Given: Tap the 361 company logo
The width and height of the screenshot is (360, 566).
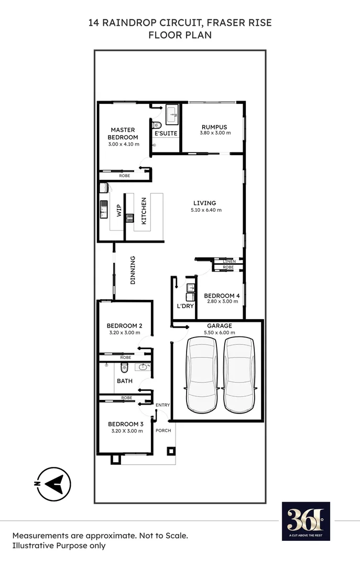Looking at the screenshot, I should coord(306,521).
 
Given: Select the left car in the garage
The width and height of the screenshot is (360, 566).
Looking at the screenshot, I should coord(202,375).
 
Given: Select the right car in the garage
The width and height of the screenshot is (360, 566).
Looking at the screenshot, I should coord(239,375).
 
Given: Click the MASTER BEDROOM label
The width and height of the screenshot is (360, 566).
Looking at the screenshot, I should coord(123,134).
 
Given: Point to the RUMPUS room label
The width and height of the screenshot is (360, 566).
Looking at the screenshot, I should coord(215,127).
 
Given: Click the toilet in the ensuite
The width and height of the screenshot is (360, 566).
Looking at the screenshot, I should coord(156,125).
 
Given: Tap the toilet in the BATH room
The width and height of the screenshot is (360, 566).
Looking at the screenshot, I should coord(125,367).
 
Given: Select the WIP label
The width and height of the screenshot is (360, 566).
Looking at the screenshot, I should coord(119,211).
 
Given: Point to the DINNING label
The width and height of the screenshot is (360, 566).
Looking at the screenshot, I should coord(133,270).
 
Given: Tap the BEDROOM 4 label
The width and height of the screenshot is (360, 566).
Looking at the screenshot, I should coord(222,296).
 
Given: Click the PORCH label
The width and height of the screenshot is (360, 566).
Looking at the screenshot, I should coord(163,430).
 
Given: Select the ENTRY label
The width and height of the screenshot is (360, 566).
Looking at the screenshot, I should coord(163,405).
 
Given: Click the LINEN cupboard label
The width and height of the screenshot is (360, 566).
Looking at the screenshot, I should coord(229,261).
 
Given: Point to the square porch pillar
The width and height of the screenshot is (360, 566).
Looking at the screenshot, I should coord(171,451).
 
